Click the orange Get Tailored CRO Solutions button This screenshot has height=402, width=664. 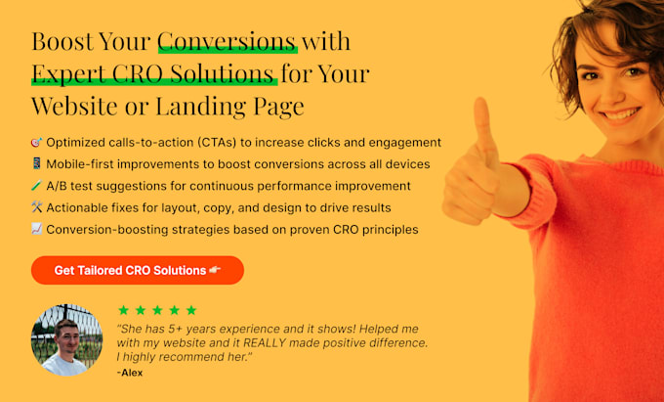tap(138, 270)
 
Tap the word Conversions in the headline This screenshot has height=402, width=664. tap(227, 41)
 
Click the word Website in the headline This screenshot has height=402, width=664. tap(75, 106)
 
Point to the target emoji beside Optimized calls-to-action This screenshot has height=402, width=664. tap(37, 142)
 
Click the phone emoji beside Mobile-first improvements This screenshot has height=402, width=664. tap(37, 163)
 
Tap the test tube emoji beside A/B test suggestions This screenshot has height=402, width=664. tap(37, 185)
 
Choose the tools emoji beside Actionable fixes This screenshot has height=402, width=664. tap(37, 207)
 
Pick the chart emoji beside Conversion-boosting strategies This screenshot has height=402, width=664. tap(37, 229)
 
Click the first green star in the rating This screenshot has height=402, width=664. tap(123, 310)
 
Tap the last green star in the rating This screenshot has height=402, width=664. tap(191, 310)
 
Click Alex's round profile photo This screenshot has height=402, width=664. tap(67, 339)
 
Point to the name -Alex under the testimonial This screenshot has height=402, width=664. tap(130, 373)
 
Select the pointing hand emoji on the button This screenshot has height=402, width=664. tap(215, 270)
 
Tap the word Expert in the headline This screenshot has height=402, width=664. tap(69, 74)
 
